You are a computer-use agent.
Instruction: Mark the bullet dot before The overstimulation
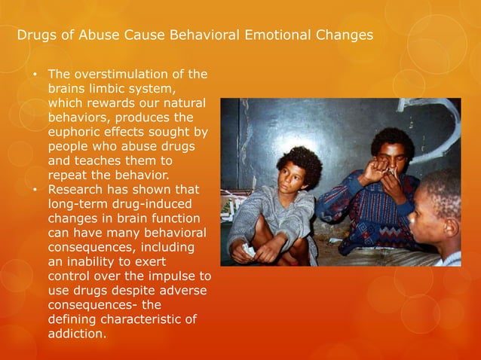tap(35, 75)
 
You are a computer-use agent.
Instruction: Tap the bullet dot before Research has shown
tap(35, 190)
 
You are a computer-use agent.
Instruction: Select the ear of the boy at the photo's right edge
tap(451, 225)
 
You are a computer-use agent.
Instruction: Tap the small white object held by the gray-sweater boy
tap(250, 251)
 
